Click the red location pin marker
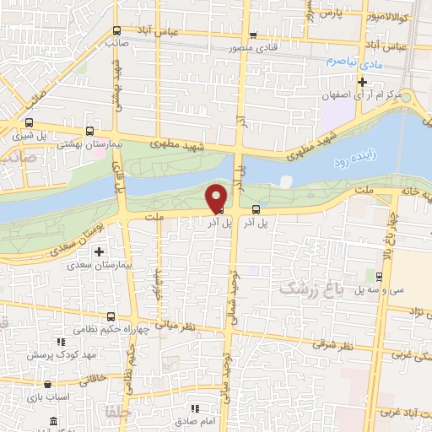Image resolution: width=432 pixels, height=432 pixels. (x=217, y=197)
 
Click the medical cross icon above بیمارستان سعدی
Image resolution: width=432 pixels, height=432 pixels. (x=100, y=251)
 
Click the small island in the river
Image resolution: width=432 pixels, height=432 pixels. (x=286, y=181)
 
